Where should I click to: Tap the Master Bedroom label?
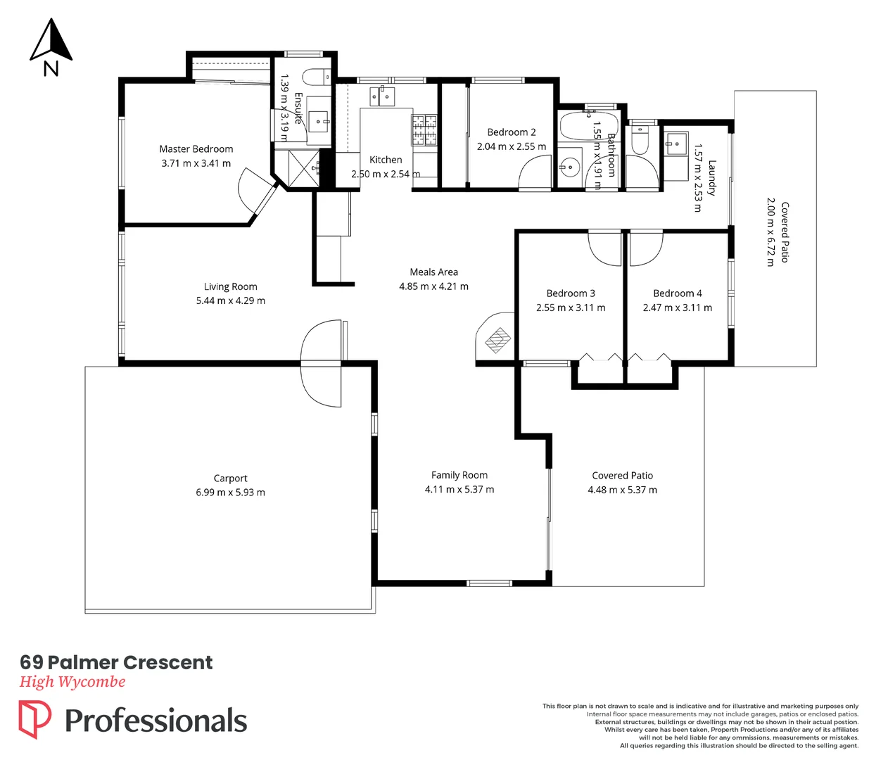tap(196, 149)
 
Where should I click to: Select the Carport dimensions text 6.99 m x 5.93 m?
tap(230, 493)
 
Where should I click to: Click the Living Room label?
tap(230, 286)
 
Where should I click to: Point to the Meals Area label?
tap(433, 272)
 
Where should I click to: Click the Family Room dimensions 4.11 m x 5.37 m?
tap(459, 490)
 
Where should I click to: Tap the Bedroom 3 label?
tap(570, 293)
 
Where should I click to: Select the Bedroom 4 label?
tap(677, 293)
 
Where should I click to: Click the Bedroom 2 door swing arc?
tap(535, 172)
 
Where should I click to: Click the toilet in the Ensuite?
tap(317, 75)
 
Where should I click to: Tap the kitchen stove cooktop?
tap(424, 129)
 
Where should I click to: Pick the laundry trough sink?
tap(676, 144)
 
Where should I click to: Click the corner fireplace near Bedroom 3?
tap(497, 339)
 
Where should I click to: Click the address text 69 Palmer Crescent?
tap(116, 662)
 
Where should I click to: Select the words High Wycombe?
tap(72, 682)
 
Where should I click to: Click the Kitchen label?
tap(386, 160)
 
